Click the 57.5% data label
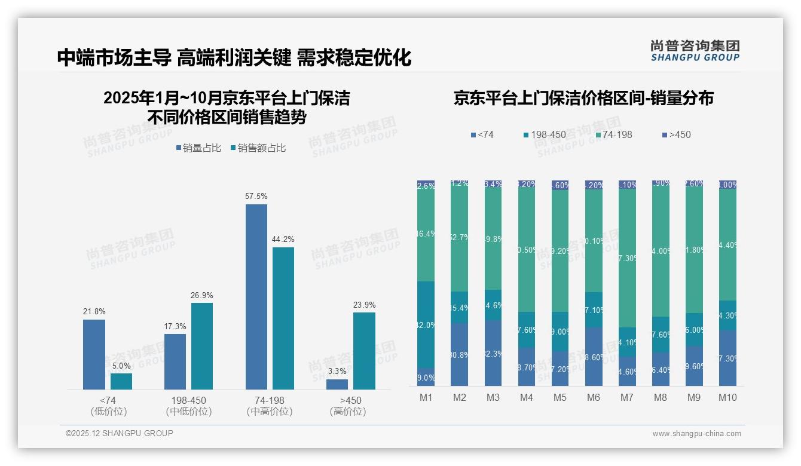256,196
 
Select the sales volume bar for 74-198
256,297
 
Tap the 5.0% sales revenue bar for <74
121,382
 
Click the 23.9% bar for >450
364,351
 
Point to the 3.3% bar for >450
337,384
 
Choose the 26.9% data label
202,295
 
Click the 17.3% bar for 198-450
175,361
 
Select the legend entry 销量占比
198,148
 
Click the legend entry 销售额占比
258,148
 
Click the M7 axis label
627,397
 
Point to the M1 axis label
426,397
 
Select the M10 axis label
727,397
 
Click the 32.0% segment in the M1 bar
426,325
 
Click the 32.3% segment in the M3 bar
493,353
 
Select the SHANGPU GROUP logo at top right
695,51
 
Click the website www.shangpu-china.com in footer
696,434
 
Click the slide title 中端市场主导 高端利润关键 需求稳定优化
234,58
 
